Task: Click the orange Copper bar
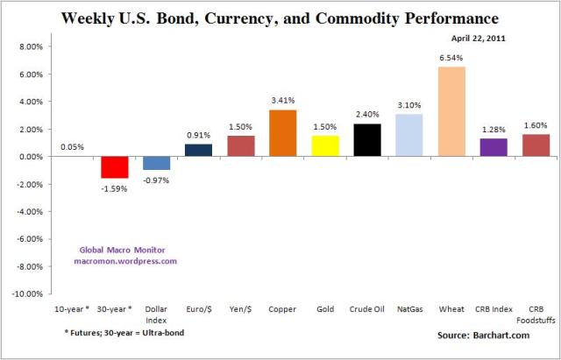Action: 282,133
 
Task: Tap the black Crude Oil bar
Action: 367,140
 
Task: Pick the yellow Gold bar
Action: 325,146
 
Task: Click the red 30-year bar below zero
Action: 114,167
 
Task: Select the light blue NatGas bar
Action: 409,135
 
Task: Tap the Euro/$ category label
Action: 198,308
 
